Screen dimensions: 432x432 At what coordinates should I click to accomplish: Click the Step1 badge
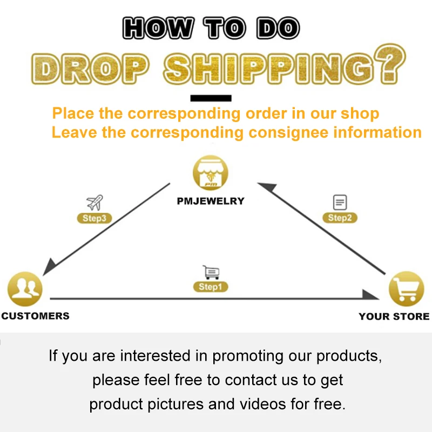[211, 287]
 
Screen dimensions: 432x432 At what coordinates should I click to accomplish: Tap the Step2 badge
[340, 218]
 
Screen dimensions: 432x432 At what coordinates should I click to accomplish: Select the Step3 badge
[94, 219]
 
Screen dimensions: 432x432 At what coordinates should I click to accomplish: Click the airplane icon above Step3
[94, 203]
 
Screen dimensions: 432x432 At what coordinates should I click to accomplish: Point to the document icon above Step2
[340, 202]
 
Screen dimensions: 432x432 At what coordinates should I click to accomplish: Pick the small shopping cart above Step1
[211, 272]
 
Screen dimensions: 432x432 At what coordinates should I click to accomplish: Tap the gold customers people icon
[24, 290]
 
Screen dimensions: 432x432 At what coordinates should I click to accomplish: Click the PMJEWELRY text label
[211, 201]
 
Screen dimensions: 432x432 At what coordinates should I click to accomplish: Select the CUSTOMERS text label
[35, 316]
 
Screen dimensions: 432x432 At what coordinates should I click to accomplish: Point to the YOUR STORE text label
[394, 316]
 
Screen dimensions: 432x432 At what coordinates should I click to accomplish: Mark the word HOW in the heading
[157, 29]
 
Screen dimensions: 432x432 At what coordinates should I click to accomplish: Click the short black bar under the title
[211, 98]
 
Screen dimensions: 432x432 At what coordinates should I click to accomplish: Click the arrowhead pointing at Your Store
[371, 295]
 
